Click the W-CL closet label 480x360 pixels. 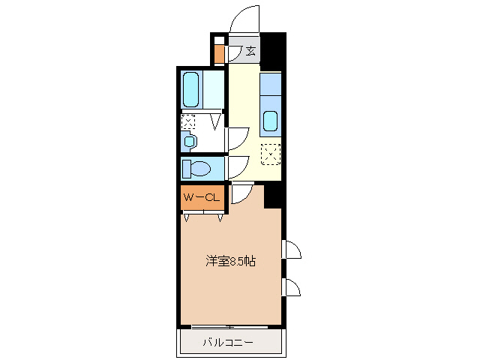pos(201,197)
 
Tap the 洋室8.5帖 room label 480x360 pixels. pos(231,262)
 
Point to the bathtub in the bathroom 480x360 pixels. pos(192,90)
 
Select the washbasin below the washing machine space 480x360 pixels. pos(189,141)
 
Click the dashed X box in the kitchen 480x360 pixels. pos(270,154)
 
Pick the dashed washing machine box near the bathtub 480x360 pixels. pos(188,121)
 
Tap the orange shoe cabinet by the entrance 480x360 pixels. pos(219,54)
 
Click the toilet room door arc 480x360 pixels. pos(238,167)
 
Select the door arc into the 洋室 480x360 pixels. pos(242,193)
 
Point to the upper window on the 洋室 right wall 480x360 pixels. pos(291,250)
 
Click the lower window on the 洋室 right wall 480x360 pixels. pos(291,287)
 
